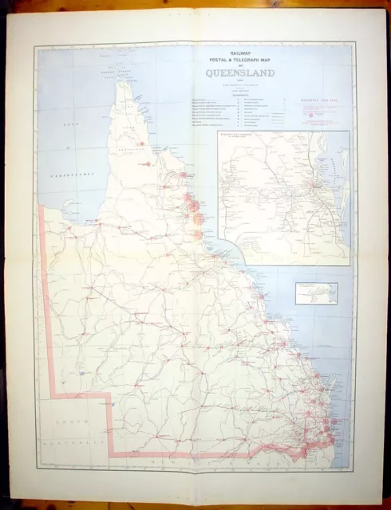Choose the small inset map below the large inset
pyautogui.click(x=316, y=292)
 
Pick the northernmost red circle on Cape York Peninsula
pyautogui.click(x=141, y=144)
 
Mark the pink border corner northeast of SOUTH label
pyautogui.click(x=109, y=394)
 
